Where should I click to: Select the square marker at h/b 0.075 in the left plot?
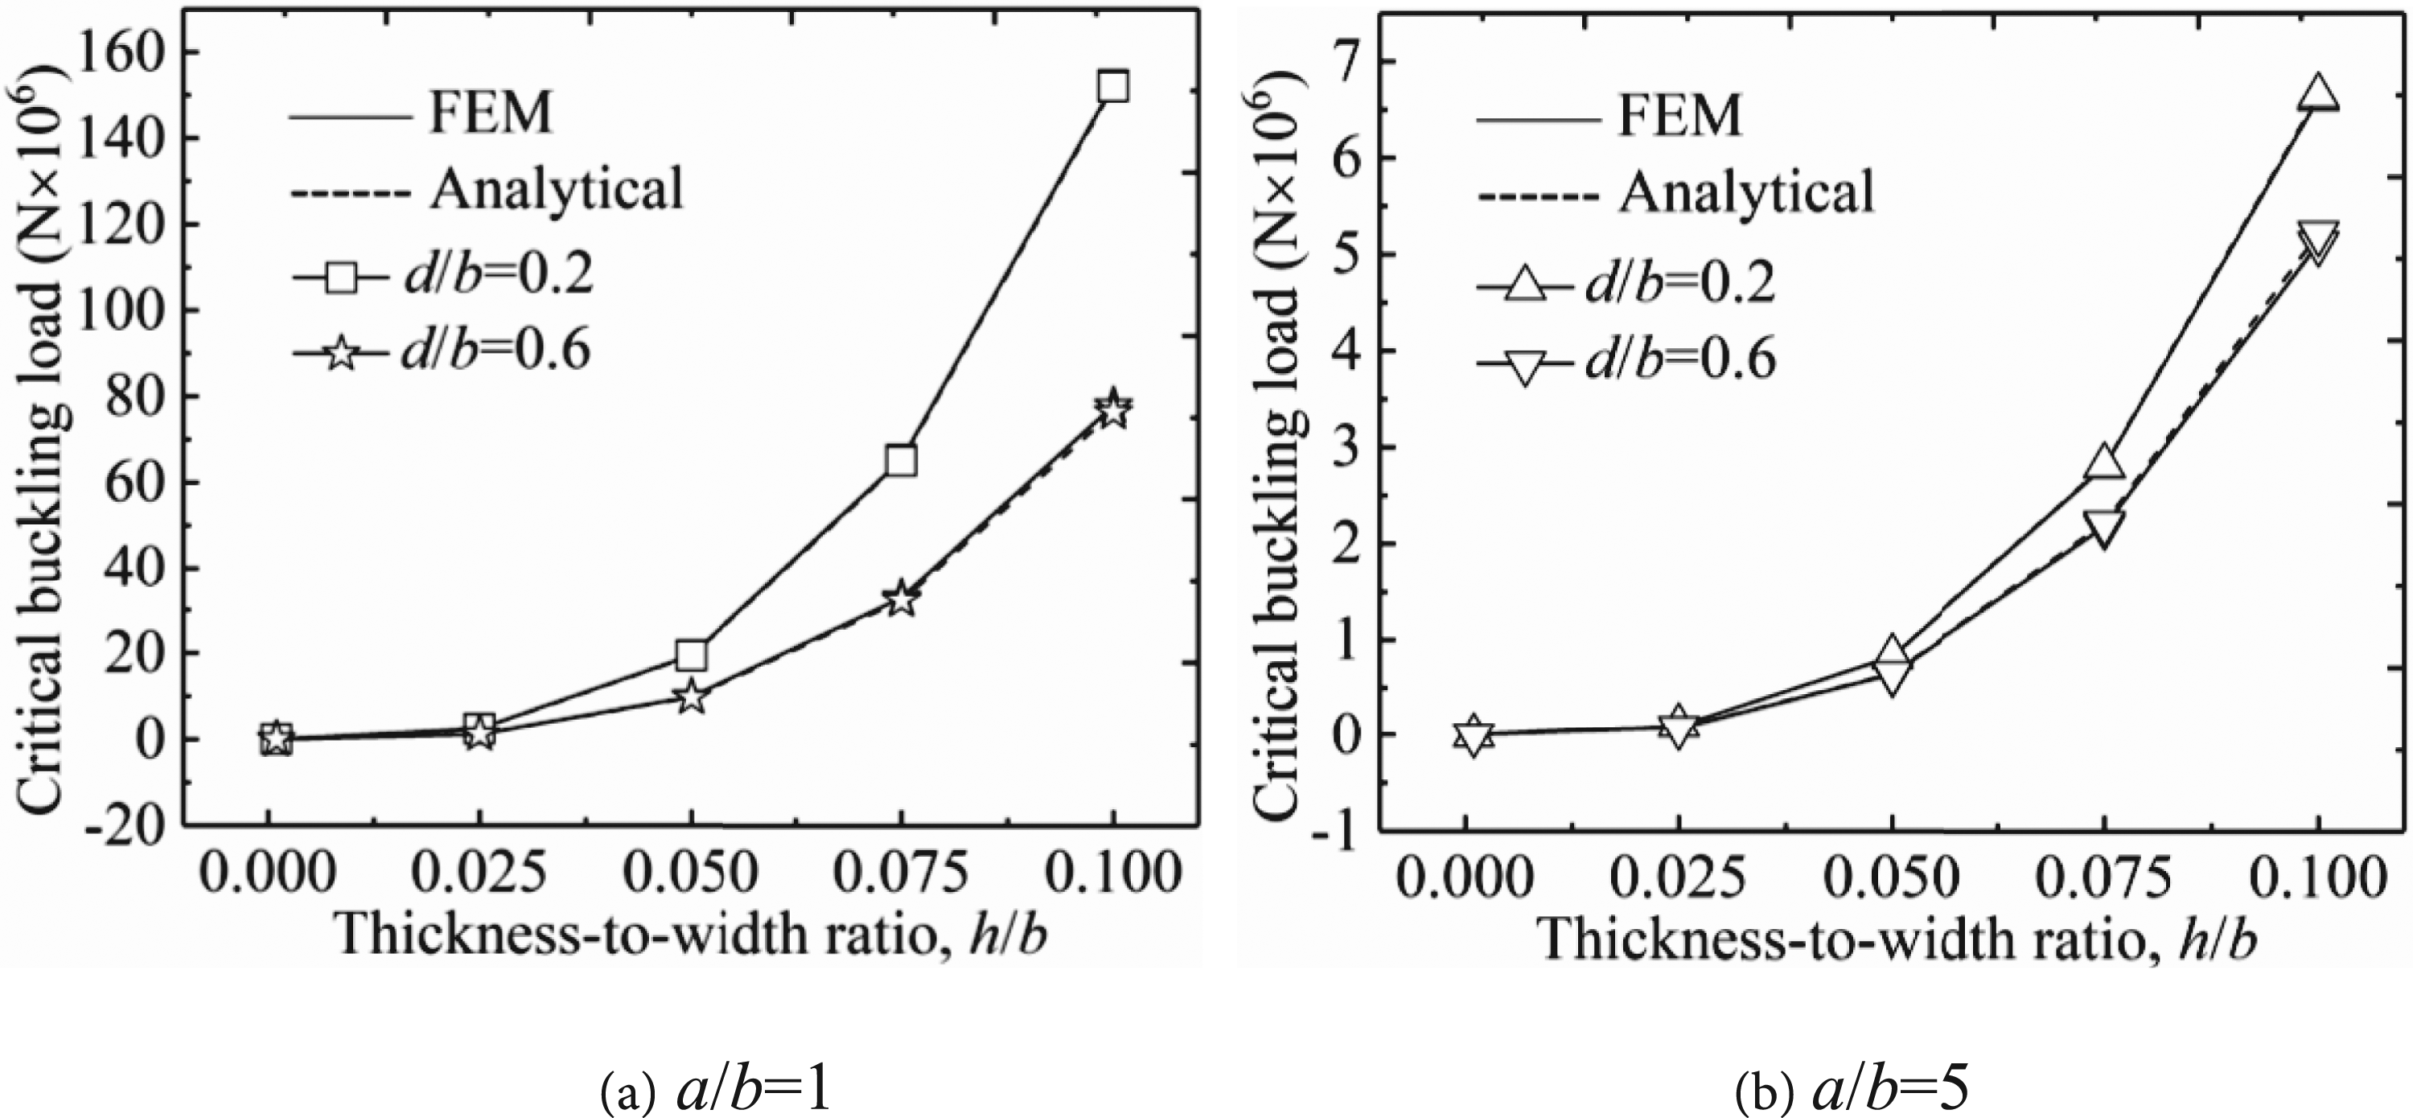[900, 461]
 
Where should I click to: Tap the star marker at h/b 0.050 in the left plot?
[691, 697]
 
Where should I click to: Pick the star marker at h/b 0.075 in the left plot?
[901, 598]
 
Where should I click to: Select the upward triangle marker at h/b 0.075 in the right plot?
[2104, 462]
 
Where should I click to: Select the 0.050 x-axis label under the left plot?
[691, 873]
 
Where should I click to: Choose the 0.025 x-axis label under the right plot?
[1678, 878]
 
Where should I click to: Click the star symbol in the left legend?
[341, 355]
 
